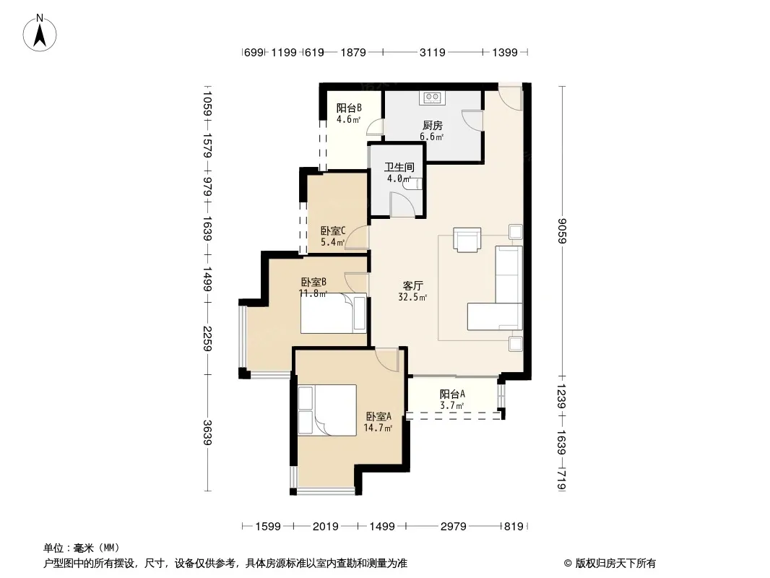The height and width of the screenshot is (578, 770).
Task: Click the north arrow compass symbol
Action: pyautogui.click(x=40, y=33)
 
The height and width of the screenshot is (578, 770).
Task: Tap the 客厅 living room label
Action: pyautogui.click(x=413, y=285)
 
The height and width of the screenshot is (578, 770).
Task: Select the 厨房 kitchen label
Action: pyautogui.click(x=433, y=126)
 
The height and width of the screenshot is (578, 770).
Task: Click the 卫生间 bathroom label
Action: pyautogui.click(x=399, y=167)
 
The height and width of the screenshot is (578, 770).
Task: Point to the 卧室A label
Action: pyautogui.click(x=378, y=416)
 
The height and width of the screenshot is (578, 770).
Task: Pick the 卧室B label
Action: pyautogui.click(x=313, y=282)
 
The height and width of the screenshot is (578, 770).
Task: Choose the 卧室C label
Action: pyautogui.click(x=334, y=230)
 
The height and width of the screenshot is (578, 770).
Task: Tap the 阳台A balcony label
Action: pyautogui.click(x=452, y=394)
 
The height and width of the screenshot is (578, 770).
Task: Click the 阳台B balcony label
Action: pyautogui.click(x=349, y=108)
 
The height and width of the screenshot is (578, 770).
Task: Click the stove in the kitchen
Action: pyautogui.click(x=432, y=98)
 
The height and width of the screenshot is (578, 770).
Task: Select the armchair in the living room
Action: pyautogui.click(x=467, y=240)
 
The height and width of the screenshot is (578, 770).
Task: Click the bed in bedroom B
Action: pyautogui.click(x=334, y=314)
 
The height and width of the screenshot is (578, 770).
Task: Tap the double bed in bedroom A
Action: pyautogui.click(x=327, y=410)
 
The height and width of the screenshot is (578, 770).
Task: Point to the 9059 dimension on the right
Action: pyautogui.click(x=563, y=230)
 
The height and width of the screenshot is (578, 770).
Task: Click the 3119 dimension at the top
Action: pyautogui.click(x=432, y=52)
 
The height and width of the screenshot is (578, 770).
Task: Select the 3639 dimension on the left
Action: pyautogui.click(x=208, y=433)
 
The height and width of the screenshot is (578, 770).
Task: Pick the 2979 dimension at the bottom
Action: pyautogui.click(x=453, y=527)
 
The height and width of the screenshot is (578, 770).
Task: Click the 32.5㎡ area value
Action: pyautogui.click(x=412, y=297)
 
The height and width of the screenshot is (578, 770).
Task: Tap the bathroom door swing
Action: pyautogui.click(x=402, y=204)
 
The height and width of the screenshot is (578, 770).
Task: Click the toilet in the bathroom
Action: pyautogui.click(x=415, y=184)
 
